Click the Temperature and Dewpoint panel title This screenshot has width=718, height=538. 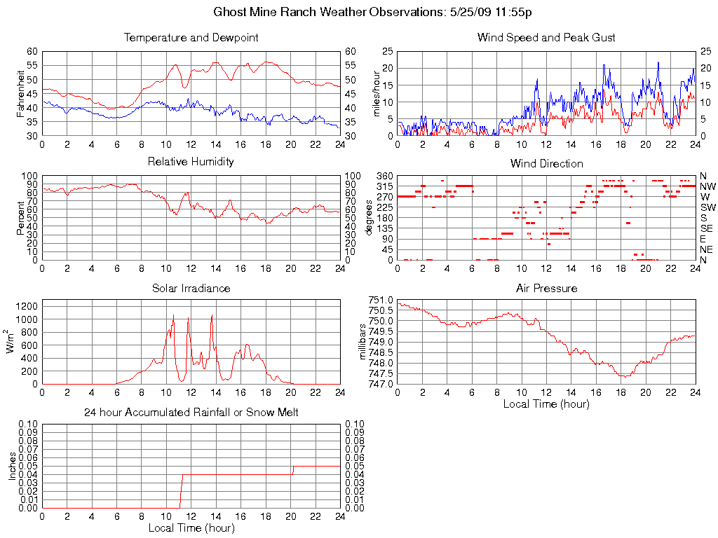pos(191,38)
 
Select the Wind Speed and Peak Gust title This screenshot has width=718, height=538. pos(546,38)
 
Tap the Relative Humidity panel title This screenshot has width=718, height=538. pos(191,162)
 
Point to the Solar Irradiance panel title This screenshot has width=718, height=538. pos(191,289)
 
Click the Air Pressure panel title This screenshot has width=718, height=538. pos(546,289)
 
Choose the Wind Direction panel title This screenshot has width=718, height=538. pos(546,164)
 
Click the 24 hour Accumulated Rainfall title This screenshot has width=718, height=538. pos(191,413)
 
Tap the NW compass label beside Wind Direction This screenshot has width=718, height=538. pos(707,186)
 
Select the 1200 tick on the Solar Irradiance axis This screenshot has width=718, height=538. pos(27,306)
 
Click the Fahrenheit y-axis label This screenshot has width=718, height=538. pos(20,93)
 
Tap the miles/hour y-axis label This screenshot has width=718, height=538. pos(376,93)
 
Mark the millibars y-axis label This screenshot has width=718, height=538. pos(363,341)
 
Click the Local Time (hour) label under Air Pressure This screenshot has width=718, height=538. pos(546,403)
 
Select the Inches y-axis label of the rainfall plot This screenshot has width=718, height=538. pos(12,466)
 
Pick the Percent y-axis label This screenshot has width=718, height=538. pos(20,218)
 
